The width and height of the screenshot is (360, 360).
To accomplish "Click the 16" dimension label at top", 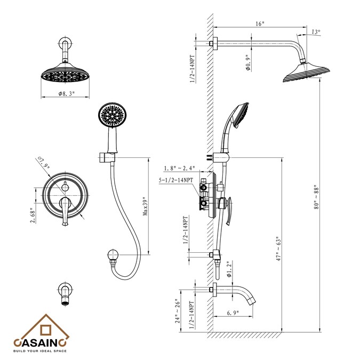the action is (x=260, y=23).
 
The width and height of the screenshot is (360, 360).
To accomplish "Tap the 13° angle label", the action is (x=316, y=32).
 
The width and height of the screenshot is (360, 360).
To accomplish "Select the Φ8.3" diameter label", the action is (x=67, y=93).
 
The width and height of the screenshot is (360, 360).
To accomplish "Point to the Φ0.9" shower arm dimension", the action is (x=247, y=62).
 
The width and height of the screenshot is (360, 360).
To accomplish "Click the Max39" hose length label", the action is (x=145, y=206).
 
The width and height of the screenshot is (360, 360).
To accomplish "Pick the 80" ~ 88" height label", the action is (x=317, y=197).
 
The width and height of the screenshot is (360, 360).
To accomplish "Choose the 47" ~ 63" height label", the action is (x=279, y=249).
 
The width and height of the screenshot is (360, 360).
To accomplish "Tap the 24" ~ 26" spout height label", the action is (x=178, y=311).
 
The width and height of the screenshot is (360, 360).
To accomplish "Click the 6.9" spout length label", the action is (x=233, y=313).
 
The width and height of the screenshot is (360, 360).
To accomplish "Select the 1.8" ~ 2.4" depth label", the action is (x=179, y=169).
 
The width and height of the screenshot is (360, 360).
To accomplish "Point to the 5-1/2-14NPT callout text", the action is (x=176, y=180).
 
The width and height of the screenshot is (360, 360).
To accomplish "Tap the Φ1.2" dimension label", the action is (x=229, y=269).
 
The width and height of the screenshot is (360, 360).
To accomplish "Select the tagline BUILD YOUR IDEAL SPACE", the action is (x=40, y=351).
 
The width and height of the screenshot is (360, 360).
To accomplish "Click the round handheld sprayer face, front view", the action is (x=112, y=115).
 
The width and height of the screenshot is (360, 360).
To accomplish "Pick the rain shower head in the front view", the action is (x=65, y=73).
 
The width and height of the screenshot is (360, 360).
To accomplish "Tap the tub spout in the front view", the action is (x=66, y=294).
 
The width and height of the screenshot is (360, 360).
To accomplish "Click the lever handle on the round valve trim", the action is (x=65, y=211).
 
